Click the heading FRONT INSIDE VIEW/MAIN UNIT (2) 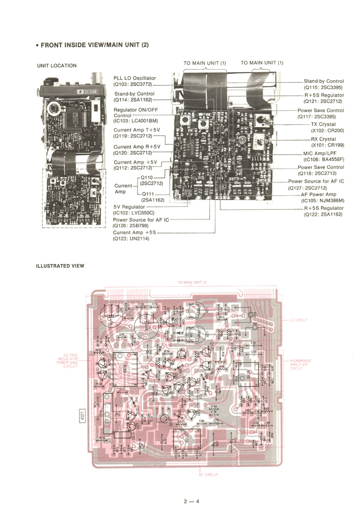(x=94, y=45)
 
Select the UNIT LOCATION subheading (x=57, y=66)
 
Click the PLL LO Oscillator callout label (x=135, y=78)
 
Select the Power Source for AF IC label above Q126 (x=141, y=220)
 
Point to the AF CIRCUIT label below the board (x=209, y=475)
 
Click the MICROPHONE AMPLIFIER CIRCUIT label (x=301, y=364)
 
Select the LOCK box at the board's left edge (x=83, y=416)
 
